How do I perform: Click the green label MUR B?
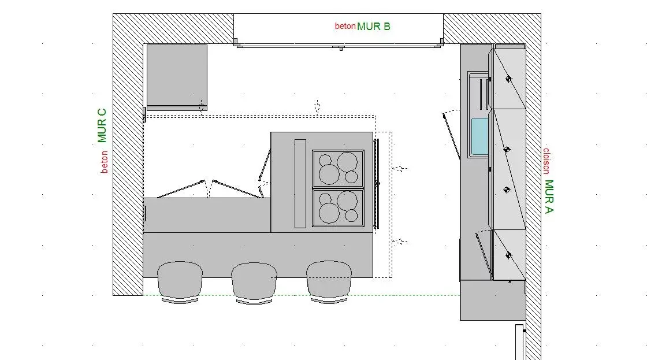coord(373,27)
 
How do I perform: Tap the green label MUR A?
coord(549,196)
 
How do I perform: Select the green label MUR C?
coord(102,125)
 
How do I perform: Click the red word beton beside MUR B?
coord(345,26)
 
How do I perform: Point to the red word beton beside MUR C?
coord(105,162)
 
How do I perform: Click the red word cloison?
coord(546,161)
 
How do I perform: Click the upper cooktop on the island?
coord(338,168)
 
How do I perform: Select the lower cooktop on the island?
coord(338,207)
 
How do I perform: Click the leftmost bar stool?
coord(180,281)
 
